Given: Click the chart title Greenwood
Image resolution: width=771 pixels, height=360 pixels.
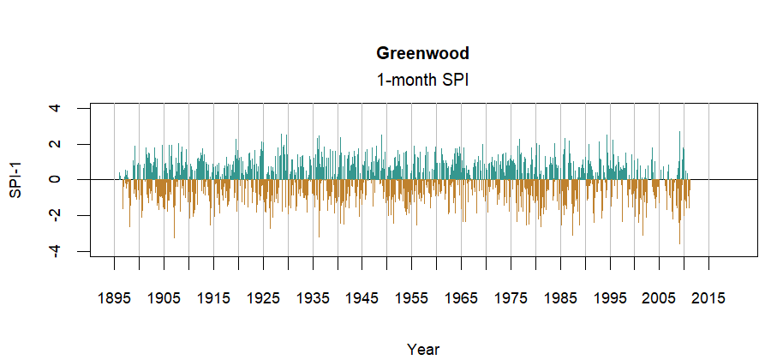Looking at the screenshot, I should tap(422, 53).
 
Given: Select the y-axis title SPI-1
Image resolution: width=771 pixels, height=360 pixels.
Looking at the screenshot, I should tap(15, 180).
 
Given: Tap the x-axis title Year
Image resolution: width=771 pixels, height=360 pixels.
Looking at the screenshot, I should tap(423, 349).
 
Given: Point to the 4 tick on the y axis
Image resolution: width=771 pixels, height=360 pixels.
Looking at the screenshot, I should tap(56, 108).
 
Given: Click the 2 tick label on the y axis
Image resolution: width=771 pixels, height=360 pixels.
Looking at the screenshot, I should tap(56, 144).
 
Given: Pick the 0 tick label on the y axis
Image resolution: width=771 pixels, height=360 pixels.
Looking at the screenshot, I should tap(56, 180).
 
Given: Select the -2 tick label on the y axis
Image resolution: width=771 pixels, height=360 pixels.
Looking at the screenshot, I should tap(56, 215).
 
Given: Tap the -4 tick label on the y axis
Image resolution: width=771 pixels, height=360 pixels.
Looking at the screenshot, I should tap(56, 251).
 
